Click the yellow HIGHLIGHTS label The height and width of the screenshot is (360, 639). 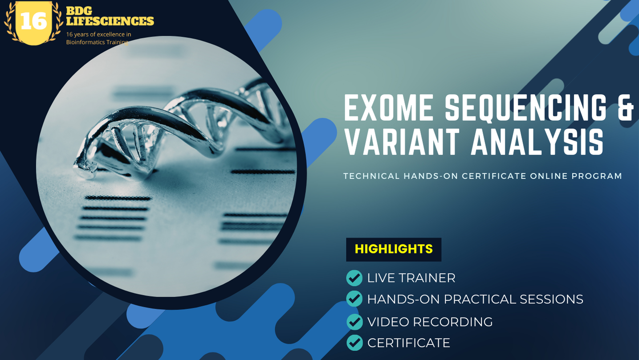394,249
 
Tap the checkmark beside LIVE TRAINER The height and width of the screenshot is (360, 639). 354,278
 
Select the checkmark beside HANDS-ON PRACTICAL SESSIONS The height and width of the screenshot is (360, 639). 354,299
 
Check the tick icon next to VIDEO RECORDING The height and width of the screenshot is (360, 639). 354,322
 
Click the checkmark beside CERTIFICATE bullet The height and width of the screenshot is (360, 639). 354,343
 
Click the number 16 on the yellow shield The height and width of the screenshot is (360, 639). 33,21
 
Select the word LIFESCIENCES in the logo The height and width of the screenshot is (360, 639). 110,21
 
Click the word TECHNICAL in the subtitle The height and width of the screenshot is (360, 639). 372,176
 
